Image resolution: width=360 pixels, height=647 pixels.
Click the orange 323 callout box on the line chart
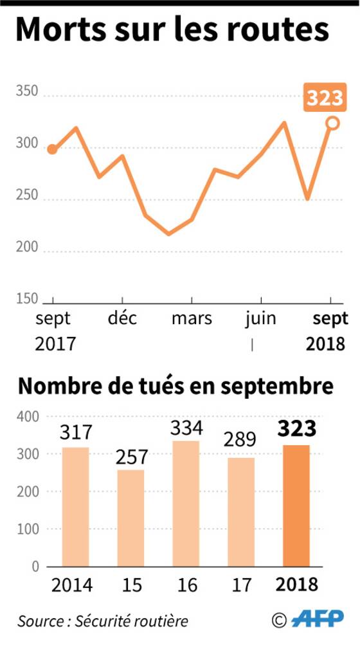point(325,97)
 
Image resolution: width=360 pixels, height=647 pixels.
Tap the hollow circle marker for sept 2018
point(332,123)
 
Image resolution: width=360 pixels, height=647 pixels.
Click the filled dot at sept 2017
point(52,149)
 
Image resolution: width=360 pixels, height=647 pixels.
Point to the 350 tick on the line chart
point(27,91)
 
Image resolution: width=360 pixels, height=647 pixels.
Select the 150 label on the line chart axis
point(27,299)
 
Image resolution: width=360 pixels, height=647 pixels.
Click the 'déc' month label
point(122,318)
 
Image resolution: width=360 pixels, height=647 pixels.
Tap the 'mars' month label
point(192,318)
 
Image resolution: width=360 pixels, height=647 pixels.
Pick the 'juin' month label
point(260,319)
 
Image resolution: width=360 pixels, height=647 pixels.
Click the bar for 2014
point(75,507)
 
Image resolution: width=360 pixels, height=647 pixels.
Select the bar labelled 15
point(130,518)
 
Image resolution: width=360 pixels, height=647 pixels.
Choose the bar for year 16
point(186,504)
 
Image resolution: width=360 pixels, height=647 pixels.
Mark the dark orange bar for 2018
point(296,506)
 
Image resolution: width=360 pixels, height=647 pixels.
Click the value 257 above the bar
point(132,457)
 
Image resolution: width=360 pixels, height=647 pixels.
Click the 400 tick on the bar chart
point(28,417)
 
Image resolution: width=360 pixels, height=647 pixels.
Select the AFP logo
point(318,619)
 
